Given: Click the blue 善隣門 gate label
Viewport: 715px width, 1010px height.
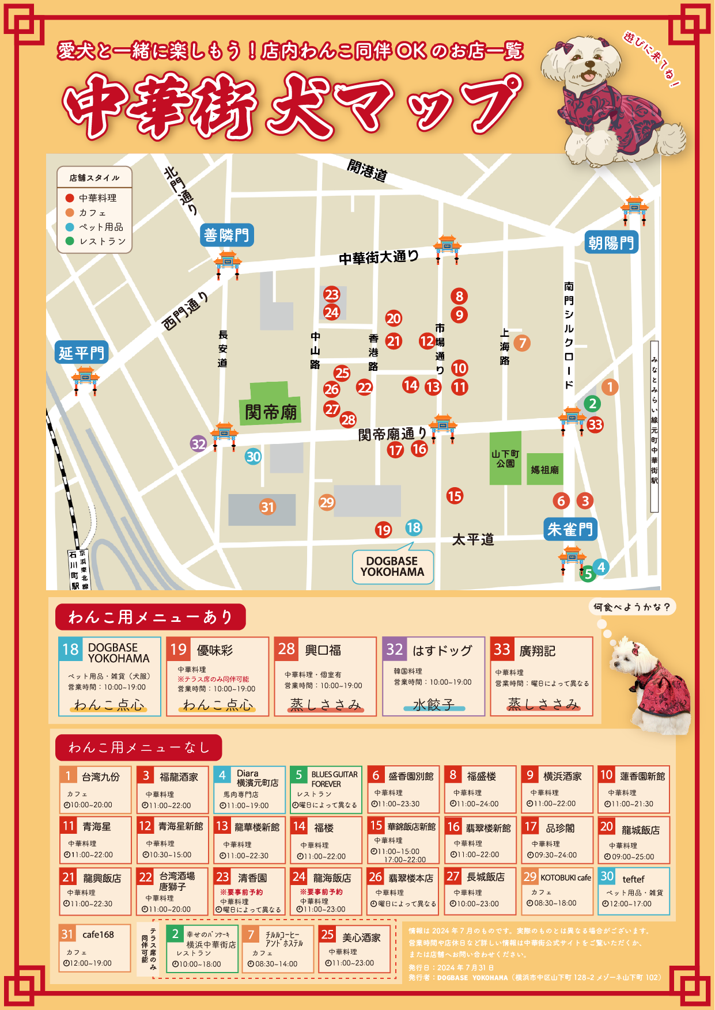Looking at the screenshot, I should (227, 235).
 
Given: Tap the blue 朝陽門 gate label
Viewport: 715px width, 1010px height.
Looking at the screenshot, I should (611, 243).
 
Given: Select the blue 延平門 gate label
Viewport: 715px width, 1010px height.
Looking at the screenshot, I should (82, 352).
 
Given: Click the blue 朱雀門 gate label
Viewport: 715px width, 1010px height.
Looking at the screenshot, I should (570, 529).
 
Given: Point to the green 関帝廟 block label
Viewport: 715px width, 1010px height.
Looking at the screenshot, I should (270, 412).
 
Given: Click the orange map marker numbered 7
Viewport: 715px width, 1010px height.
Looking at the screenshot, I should (522, 343).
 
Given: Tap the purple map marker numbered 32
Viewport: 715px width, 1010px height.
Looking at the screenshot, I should (199, 443).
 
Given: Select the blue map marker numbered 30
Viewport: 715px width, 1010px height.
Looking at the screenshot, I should (254, 457).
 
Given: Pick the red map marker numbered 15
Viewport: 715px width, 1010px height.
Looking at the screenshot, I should (455, 496).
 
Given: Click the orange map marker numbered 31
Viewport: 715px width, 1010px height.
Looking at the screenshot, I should (267, 507).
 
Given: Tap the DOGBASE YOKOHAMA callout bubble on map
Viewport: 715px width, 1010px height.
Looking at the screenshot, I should (392, 567).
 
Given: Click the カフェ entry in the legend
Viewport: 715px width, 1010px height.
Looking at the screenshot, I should (92, 212).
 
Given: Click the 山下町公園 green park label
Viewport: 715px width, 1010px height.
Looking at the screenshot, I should (505, 458).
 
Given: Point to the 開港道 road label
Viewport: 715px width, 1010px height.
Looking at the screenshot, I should (367, 170).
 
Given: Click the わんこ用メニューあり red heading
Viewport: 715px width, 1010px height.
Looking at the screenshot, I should (150, 617).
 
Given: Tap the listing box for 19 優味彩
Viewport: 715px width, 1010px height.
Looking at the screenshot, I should (217, 676).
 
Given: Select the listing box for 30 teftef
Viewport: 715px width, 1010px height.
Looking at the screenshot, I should (633, 891).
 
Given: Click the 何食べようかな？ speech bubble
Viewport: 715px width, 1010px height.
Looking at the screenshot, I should (632, 607).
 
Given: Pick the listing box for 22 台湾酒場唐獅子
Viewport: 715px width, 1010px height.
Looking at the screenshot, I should (172, 891).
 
